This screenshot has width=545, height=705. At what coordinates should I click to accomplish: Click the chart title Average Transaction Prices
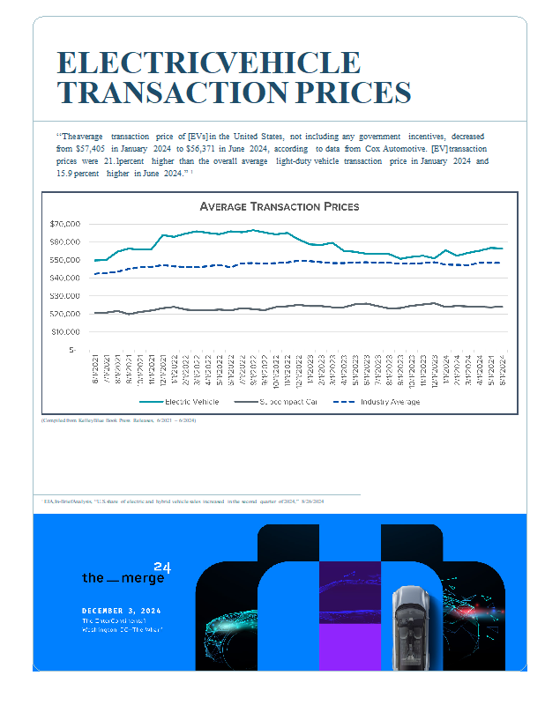coord(279,206)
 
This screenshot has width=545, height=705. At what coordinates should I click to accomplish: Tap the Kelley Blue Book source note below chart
coord(119,421)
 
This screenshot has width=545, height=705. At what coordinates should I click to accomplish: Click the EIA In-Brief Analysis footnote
coord(185,501)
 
